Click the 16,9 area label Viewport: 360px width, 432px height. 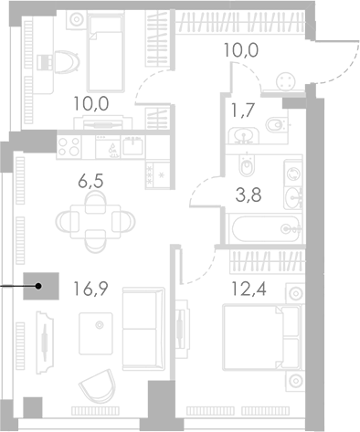tap(90, 289)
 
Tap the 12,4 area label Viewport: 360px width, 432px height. tap(249, 289)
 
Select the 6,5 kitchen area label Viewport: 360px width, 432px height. tap(90, 181)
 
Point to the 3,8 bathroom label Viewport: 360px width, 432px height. tap(249, 195)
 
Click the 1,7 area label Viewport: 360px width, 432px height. tap(243, 110)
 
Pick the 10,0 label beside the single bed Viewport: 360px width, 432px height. tap(91, 103)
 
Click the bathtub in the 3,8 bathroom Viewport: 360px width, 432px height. tap(266, 228)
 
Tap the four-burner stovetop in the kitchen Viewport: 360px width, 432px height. tap(69, 147)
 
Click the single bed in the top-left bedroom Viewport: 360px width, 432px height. tap(105, 51)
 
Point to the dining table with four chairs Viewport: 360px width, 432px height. tap(95, 222)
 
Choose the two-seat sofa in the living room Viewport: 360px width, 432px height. tap(143, 329)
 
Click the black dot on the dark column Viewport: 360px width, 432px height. tap(38, 286)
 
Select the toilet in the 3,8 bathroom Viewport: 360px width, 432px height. tap(247, 164)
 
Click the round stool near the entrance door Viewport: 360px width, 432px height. tap(286, 81)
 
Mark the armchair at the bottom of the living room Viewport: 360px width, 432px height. tap(98, 385)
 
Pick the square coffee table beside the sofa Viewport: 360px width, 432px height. tap(96, 333)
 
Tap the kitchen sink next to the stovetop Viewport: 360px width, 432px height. tap(132, 146)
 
